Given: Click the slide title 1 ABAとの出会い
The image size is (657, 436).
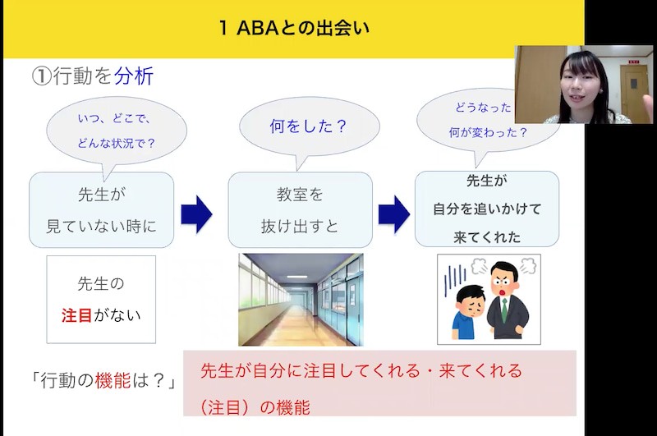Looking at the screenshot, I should click(x=295, y=29).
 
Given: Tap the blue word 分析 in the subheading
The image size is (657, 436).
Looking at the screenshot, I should click(x=133, y=77).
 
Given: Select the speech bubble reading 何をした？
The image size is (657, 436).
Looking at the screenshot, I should click(x=309, y=126).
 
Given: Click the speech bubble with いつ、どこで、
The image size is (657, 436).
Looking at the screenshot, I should click(x=116, y=130).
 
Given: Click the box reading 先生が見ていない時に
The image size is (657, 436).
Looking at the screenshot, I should click(x=102, y=209).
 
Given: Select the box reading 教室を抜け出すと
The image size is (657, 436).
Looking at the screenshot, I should click(x=301, y=209).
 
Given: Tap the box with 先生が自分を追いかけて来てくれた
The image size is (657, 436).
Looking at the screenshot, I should click(x=487, y=209).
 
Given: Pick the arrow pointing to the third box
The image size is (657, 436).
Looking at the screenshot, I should click(x=393, y=213).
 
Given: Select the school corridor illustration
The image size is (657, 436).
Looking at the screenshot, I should click(x=301, y=300).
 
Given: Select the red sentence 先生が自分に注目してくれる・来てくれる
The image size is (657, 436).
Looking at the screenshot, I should click(x=361, y=370).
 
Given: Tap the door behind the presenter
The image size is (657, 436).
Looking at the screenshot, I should click(x=633, y=90).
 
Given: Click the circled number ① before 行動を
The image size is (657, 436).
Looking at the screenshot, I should click(x=42, y=77).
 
